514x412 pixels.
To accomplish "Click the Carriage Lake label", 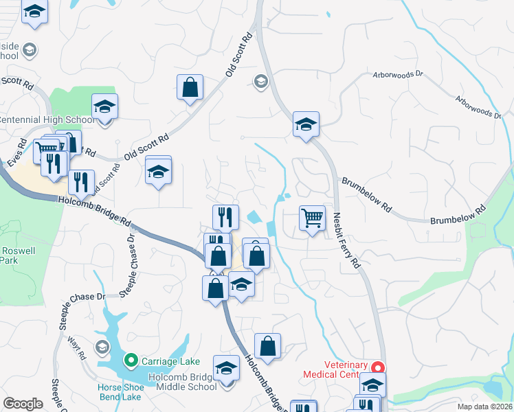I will (170, 360).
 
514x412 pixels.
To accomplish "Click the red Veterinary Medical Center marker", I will (376, 366).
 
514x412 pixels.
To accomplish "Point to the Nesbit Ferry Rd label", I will (347, 240).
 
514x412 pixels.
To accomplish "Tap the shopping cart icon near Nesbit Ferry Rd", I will (312, 219).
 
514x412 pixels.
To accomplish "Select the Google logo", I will (23, 404).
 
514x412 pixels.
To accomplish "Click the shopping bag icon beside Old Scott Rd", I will (190, 88).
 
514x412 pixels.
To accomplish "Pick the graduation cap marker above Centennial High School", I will (104, 108).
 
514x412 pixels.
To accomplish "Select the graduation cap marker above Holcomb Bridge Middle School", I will (226, 369).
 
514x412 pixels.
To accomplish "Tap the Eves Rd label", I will (18, 151).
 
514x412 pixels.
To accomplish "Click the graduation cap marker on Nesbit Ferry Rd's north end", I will (306, 125).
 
